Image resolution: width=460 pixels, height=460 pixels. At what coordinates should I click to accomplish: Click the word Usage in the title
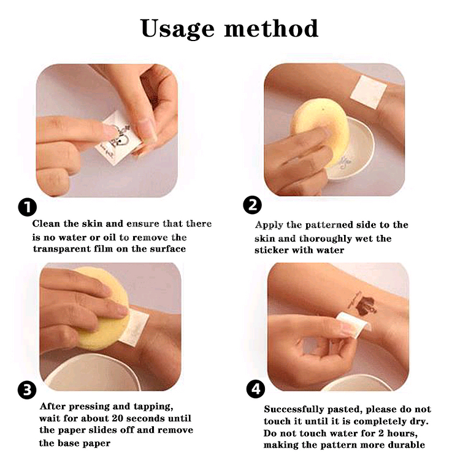[178, 29]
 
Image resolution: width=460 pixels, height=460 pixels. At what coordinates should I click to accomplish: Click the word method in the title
[271, 28]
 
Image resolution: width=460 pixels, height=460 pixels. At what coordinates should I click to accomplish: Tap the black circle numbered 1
[27, 207]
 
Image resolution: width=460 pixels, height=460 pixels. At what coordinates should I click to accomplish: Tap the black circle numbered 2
[252, 205]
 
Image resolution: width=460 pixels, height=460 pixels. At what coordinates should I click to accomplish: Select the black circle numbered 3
[27, 390]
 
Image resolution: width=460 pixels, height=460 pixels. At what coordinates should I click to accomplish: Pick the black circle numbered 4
[256, 389]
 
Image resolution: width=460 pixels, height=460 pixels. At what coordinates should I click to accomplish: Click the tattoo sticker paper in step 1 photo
[120, 138]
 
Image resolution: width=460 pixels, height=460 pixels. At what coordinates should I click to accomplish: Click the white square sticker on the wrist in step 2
[369, 92]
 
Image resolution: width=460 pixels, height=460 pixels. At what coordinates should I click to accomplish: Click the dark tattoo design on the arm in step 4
[362, 304]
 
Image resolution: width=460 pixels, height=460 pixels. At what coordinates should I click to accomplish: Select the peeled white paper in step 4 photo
[353, 324]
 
